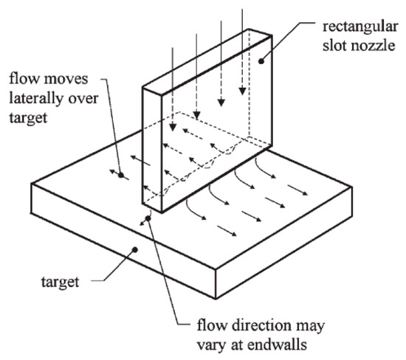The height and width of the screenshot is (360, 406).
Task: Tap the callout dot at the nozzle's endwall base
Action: click(x=149, y=218)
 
